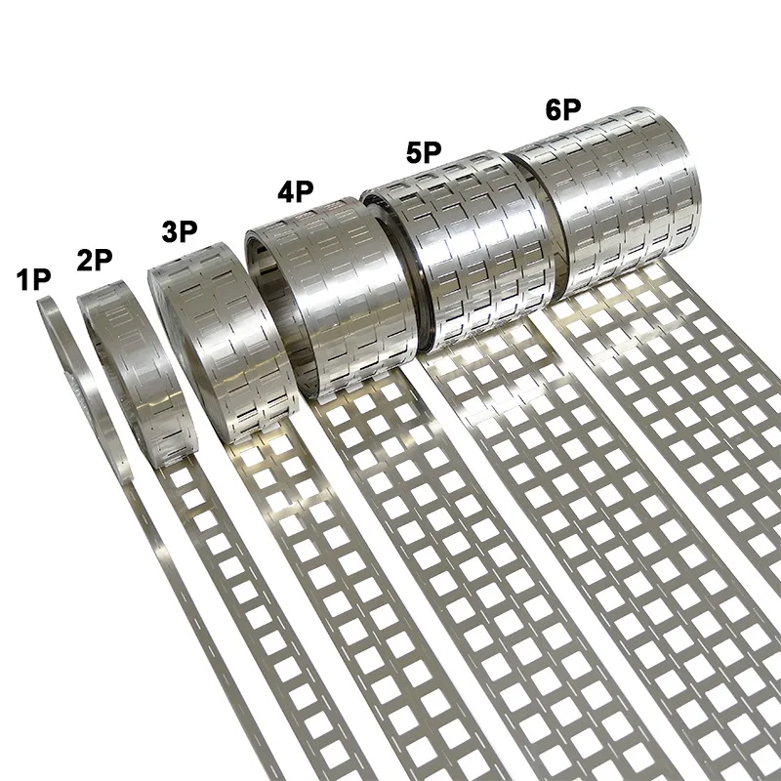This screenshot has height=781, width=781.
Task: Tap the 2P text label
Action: [95, 261]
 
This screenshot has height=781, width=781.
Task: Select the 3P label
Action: [180, 232]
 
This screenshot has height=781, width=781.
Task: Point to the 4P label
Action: [295, 190]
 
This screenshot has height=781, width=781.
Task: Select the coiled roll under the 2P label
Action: [122, 361]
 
